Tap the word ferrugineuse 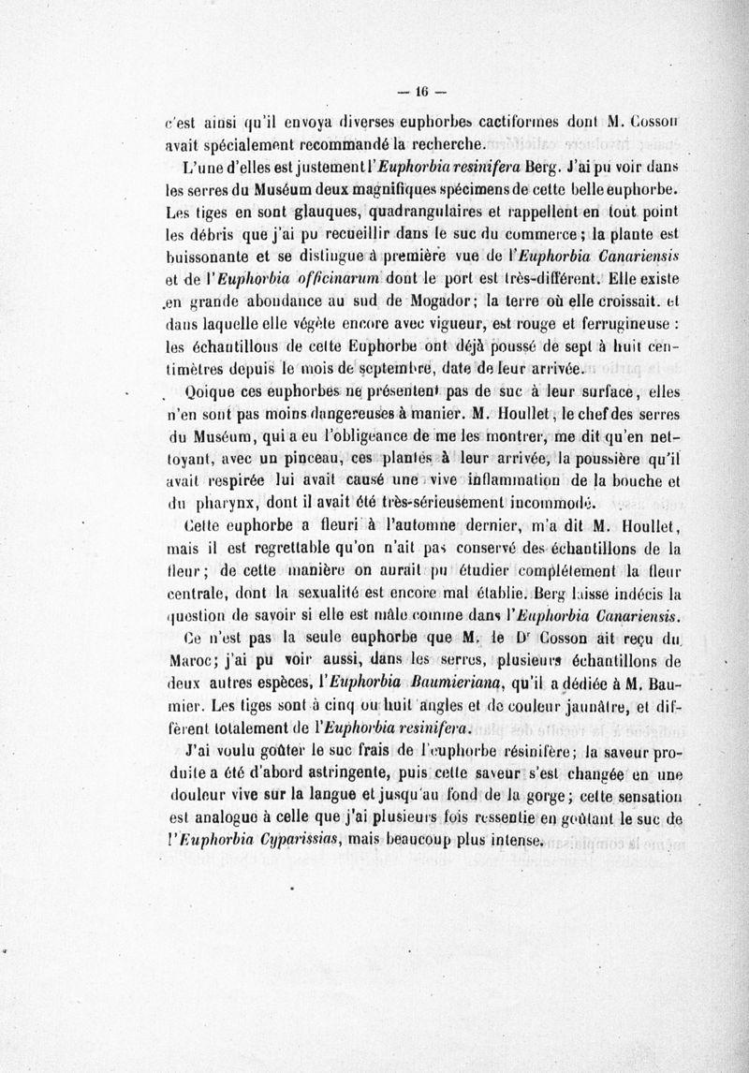tap(621, 323)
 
